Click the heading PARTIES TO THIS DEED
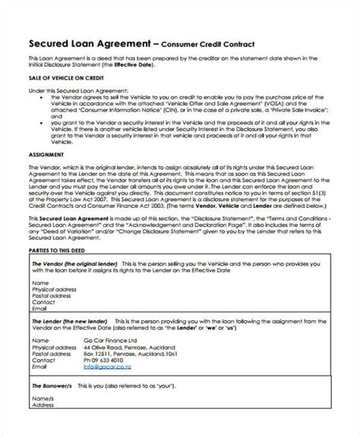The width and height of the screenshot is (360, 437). pos(58,250)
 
